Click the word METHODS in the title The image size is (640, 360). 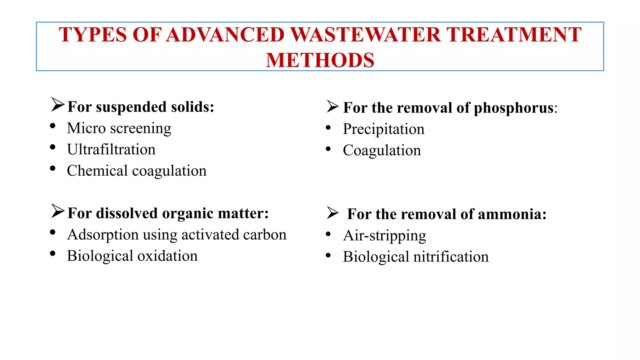pyautogui.click(x=320, y=60)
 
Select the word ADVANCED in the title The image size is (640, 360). pyautogui.click(x=225, y=34)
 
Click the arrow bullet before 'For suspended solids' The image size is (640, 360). pyautogui.click(x=57, y=105)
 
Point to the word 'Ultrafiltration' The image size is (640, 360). pyautogui.click(x=111, y=149)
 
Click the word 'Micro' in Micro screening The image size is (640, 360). pyautogui.click(x=86, y=128)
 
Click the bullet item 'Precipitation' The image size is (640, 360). pyautogui.click(x=383, y=129)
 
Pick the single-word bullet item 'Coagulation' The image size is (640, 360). pyautogui.click(x=382, y=150)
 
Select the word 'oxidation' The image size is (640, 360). pyautogui.click(x=167, y=256)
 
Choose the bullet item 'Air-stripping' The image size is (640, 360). pyautogui.click(x=384, y=236)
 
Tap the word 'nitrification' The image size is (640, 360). pyautogui.click(x=451, y=257)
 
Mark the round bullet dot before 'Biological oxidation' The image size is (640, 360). pyautogui.click(x=52, y=253)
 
